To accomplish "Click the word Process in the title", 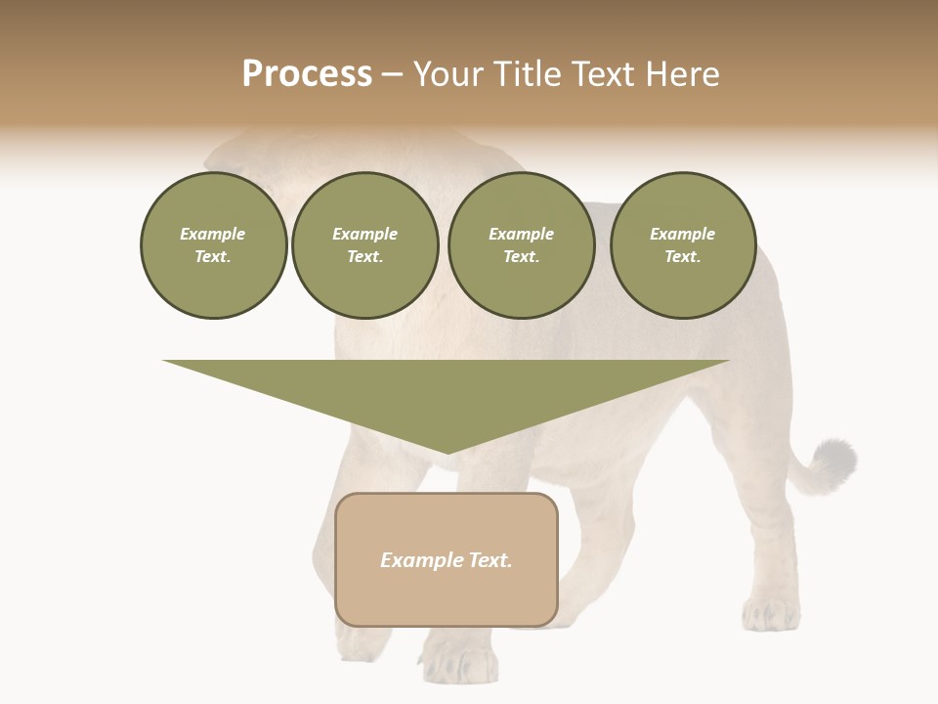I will click(307, 74).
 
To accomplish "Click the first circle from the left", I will click(213, 245).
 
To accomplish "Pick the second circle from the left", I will click(364, 245).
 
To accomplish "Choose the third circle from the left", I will click(521, 245).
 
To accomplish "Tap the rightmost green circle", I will click(682, 245).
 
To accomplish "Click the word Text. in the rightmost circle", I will click(682, 257).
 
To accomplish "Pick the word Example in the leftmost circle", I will click(213, 234).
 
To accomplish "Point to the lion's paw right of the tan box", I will click(772, 614).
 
